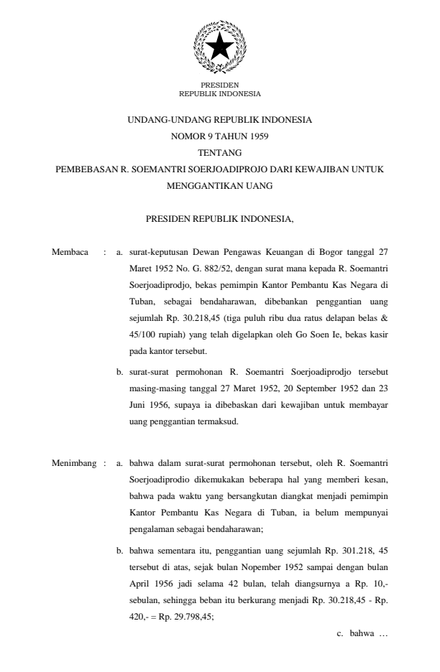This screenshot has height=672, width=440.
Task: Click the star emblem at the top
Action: (219, 47)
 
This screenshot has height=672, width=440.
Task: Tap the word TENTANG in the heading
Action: (219, 152)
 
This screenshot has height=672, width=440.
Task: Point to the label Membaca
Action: (70, 252)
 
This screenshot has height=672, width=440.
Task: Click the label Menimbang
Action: (74, 463)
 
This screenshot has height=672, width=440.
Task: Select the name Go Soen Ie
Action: (326, 335)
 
